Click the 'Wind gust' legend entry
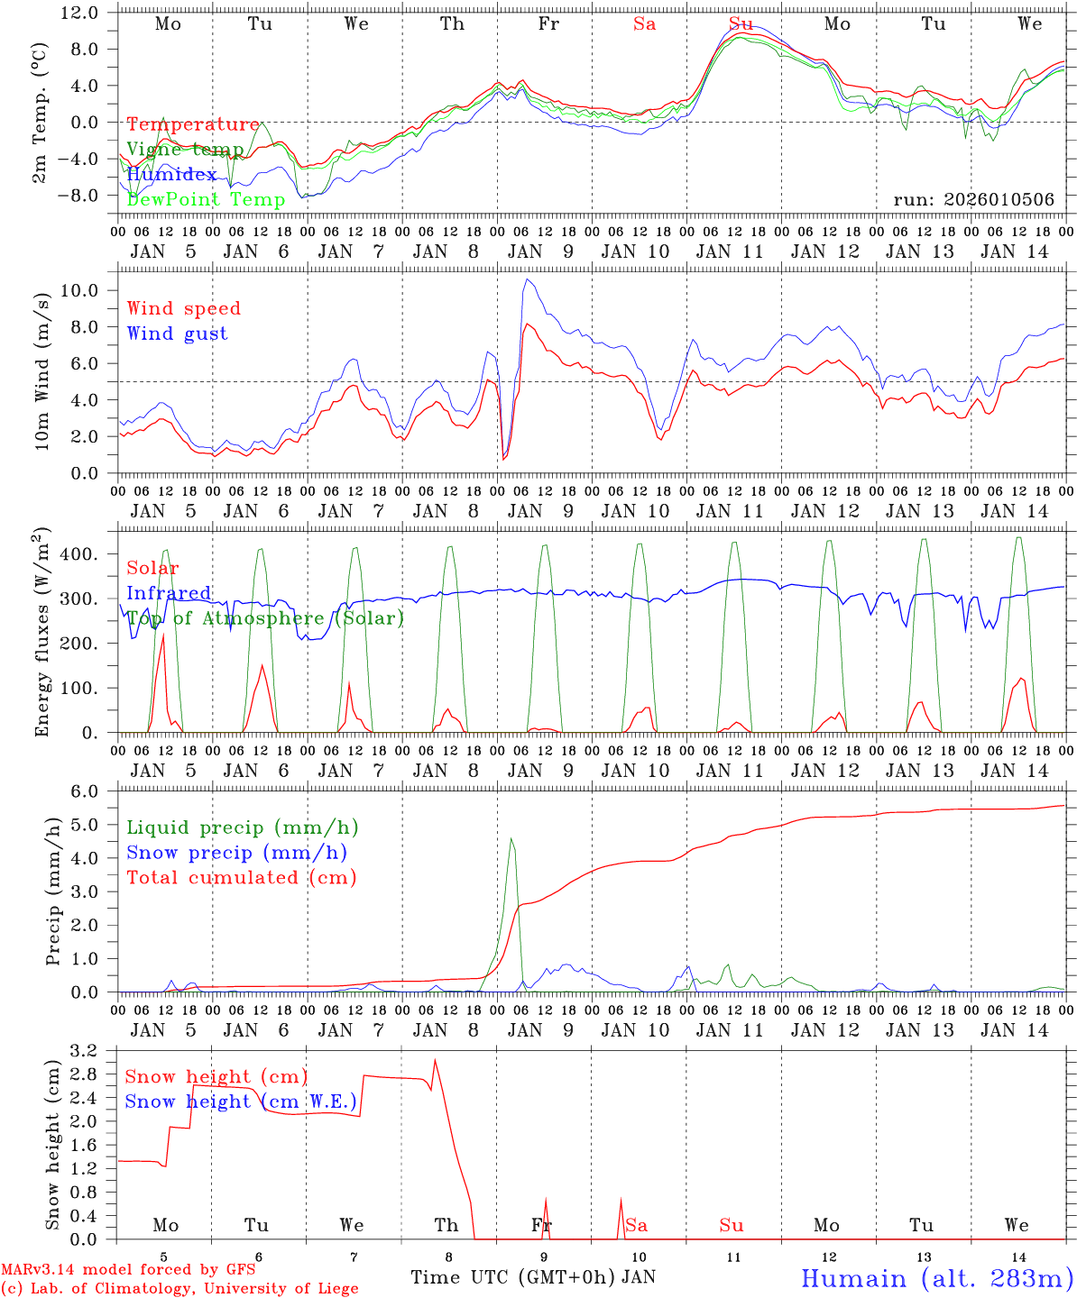177,334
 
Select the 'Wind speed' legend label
184,308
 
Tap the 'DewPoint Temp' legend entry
206,199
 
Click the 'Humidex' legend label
171,174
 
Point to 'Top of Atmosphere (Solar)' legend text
265,618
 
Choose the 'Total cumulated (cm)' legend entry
242,877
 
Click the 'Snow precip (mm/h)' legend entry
237,853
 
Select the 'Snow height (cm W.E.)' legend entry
241,1101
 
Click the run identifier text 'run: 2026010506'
973,199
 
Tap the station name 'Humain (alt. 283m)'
937,1278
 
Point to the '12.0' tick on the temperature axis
81,13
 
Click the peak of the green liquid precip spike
511,839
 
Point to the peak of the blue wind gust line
527,279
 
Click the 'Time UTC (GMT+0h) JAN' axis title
533,1277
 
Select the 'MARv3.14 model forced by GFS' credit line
128,1270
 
